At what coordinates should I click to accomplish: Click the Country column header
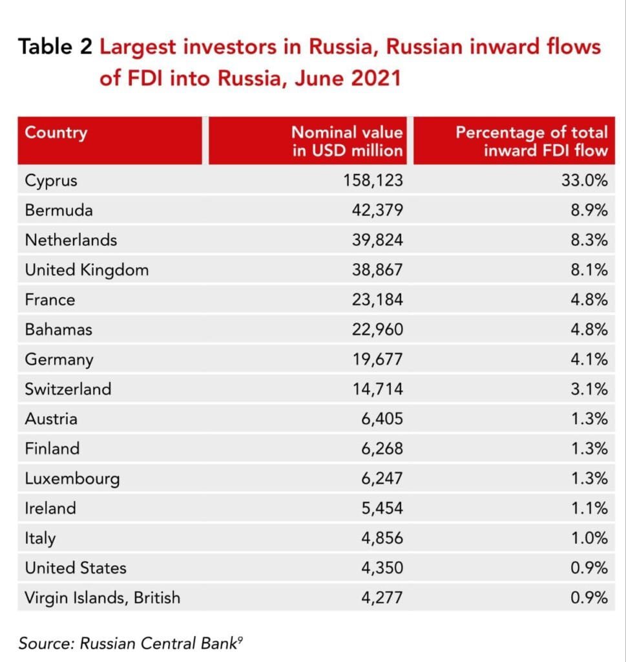56,133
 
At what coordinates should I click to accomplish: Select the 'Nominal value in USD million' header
347,142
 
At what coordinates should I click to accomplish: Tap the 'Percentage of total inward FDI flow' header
531,142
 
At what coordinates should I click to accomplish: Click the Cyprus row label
51,180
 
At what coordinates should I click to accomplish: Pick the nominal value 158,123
373,180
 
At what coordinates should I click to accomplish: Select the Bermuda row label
59,210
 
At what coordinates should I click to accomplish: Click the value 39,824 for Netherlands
377,240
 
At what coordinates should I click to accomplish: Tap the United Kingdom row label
87,270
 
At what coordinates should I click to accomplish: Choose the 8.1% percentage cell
589,270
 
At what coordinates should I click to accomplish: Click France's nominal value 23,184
377,300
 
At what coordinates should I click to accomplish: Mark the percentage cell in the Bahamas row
589,330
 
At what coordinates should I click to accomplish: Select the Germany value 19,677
377,359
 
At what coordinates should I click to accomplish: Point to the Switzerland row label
68,389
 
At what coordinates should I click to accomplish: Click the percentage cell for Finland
589,449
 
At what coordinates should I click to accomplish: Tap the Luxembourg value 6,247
381,479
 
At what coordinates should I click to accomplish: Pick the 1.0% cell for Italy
589,539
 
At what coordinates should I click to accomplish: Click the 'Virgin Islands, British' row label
102,598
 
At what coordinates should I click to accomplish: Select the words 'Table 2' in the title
56,47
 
